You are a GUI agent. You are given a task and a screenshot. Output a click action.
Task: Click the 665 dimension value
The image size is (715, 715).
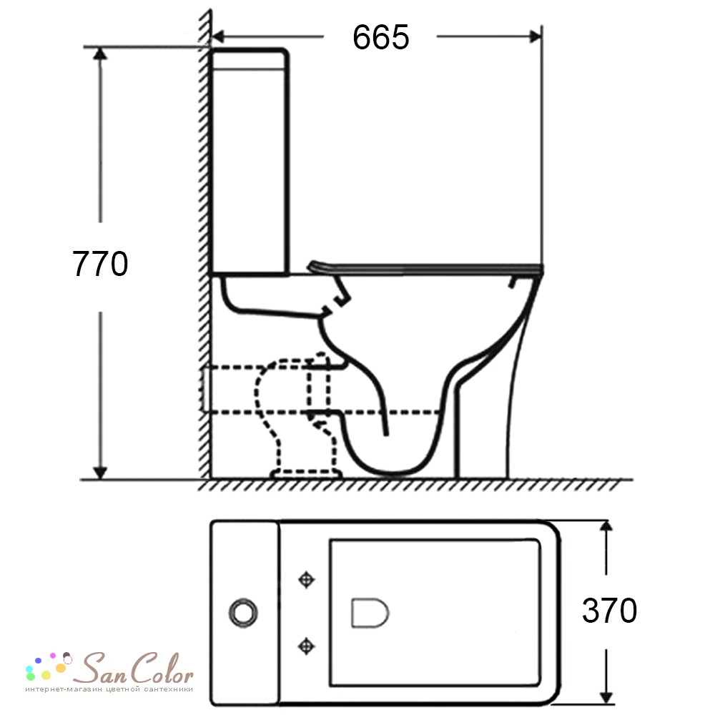tap(381, 37)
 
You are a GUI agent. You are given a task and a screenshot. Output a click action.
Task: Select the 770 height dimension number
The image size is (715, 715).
tap(100, 264)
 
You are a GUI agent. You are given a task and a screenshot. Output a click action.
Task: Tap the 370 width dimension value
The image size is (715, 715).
tap(609, 610)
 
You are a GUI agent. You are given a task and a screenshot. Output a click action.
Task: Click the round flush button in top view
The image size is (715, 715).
tap(243, 613)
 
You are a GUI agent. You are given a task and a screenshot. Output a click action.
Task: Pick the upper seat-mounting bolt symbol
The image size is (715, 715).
tap(306, 580)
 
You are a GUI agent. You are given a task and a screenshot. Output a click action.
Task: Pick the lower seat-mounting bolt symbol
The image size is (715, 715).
tap(306, 646)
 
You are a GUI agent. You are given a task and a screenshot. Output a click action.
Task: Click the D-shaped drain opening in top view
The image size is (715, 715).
tap(370, 613)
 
